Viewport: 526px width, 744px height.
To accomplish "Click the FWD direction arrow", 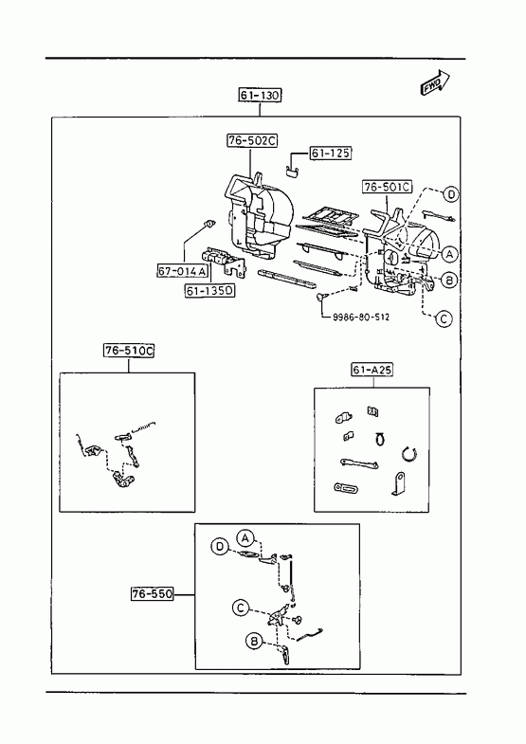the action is click(x=435, y=82).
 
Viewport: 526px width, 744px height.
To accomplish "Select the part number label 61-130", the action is click(x=260, y=96).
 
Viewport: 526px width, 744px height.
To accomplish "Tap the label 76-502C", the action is click(x=252, y=141).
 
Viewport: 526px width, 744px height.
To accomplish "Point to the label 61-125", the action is click(x=331, y=154).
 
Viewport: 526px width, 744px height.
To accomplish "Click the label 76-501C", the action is click(x=388, y=187).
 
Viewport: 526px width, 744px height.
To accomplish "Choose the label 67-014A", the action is click(x=183, y=271).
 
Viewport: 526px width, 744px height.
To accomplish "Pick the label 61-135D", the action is click(x=209, y=291).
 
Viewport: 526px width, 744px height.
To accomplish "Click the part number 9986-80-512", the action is click(x=361, y=317).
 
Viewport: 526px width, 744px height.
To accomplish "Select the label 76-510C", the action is click(x=129, y=351).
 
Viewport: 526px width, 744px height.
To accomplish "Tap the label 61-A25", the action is click(x=372, y=370).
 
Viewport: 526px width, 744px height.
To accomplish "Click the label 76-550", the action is click(x=153, y=593).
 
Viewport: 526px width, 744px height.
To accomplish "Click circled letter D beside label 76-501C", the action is click(x=451, y=194).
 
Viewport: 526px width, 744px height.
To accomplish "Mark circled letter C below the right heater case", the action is click(x=444, y=318).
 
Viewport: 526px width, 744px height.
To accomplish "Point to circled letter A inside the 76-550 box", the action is click(x=245, y=538).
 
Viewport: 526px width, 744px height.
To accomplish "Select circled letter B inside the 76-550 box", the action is click(x=254, y=642).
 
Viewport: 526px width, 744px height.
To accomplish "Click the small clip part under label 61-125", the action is click(x=292, y=171).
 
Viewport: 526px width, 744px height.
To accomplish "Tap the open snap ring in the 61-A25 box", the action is click(x=409, y=454).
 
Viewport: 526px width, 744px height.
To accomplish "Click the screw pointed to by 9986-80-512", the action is click(x=321, y=297).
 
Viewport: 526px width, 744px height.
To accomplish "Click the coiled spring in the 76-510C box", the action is click(x=144, y=426).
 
